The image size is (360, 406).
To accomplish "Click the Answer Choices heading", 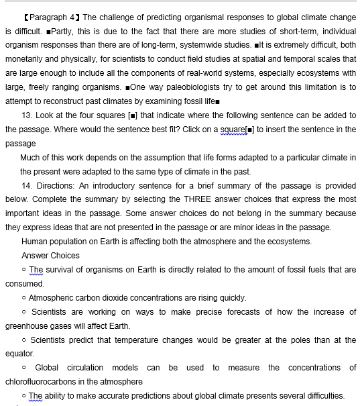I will tap(50, 255).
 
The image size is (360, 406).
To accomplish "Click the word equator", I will tap(19, 353).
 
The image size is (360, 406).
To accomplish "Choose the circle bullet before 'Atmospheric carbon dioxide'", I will tap(24, 297).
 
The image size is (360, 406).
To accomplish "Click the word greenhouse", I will tap(25, 325).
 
